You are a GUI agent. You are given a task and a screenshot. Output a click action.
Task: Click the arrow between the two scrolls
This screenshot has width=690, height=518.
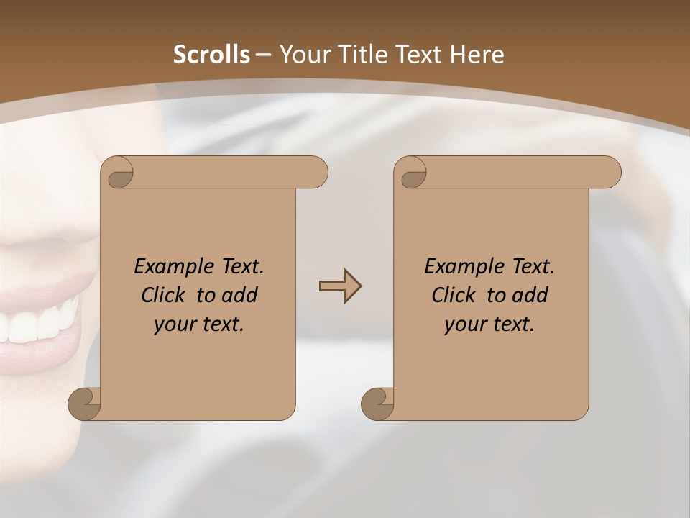coord(340,286)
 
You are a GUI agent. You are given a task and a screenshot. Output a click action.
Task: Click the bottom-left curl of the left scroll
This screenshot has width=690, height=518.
coord(85,403)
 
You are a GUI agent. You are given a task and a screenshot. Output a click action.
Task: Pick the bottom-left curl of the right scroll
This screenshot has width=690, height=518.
coord(377,403)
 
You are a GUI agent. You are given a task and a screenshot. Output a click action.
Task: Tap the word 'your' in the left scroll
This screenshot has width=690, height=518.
coord(173,324)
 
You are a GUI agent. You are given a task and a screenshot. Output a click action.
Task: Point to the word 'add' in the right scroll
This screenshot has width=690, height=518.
coord(530,295)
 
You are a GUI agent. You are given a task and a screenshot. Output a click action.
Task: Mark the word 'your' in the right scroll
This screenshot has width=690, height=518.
coord(464,324)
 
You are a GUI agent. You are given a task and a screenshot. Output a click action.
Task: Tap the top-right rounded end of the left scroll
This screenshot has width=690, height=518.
coord(315,173)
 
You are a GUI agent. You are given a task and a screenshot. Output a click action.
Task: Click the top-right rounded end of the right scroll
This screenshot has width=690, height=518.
coord(608,173)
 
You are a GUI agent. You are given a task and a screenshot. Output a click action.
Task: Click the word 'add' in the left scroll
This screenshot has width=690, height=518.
coord(239,295)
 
